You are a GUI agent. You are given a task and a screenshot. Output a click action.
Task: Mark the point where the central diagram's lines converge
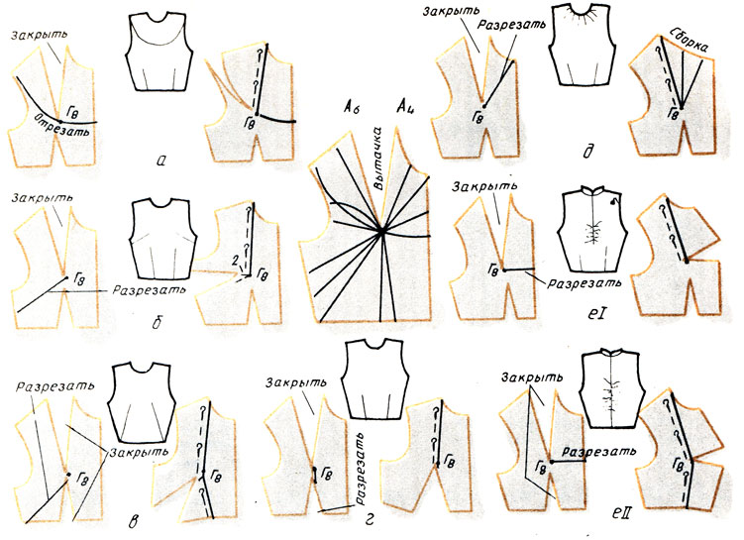pyautogui.click(x=380, y=232)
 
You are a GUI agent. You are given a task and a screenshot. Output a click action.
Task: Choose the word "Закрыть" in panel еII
pyautogui.click(x=532, y=377)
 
